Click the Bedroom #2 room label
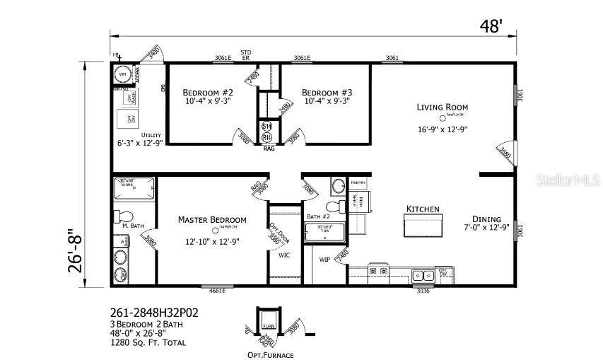(208, 93)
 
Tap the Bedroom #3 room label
(327, 93)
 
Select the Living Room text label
(442, 108)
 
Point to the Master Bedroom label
(212, 219)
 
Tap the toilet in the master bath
(124, 215)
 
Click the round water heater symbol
(122, 74)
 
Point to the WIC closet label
(285, 255)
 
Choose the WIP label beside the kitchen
(324, 260)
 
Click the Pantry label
(358, 182)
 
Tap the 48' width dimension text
(491, 26)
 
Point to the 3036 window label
(422, 291)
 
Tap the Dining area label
(487, 219)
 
